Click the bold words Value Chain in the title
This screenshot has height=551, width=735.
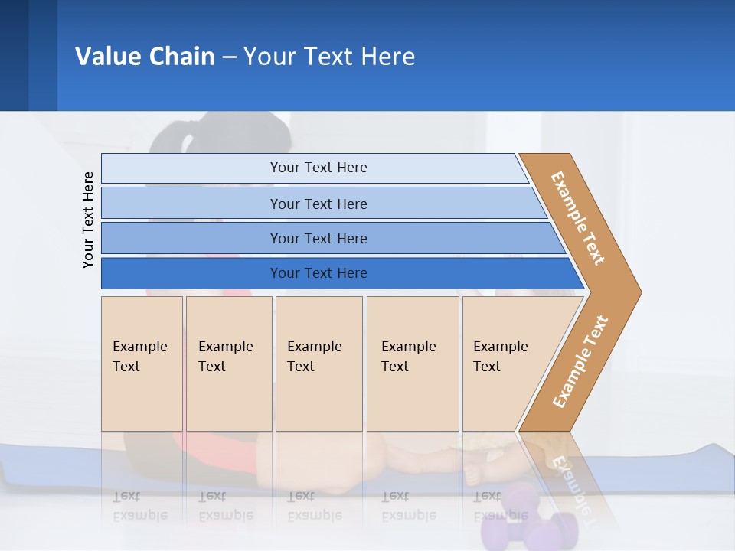pyautogui.click(x=145, y=56)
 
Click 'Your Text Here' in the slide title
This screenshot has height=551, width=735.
pyautogui.click(x=329, y=56)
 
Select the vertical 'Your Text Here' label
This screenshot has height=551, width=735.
pyautogui.click(x=88, y=220)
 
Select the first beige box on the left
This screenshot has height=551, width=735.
pyautogui.click(x=142, y=398)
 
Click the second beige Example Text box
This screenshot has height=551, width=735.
pyautogui.click(x=229, y=398)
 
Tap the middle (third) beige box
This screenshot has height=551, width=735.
pyautogui.click(x=318, y=398)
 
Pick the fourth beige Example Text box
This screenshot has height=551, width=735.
pyautogui.click(x=413, y=398)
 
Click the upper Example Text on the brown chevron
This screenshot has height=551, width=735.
pyautogui.click(x=578, y=218)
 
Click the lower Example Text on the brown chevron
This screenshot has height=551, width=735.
pyautogui.click(x=580, y=362)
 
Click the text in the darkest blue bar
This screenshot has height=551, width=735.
pyautogui.click(x=318, y=273)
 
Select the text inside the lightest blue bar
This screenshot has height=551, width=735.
pyautogui.click(x=318, y=168)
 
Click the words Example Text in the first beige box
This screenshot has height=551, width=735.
pyautogui.click(x=139, y=356)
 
